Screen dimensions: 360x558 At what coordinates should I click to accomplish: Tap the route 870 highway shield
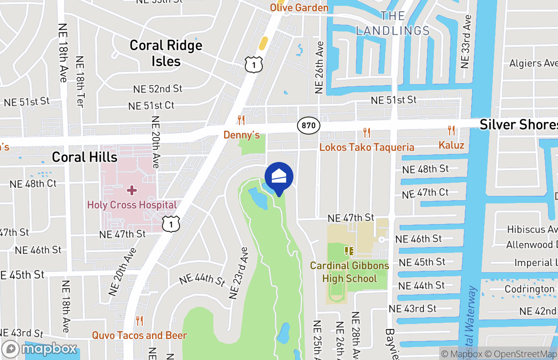coord(309,126)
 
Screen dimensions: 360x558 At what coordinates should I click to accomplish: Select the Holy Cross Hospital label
coord(132,205)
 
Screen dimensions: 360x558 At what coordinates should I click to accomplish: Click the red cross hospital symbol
coord(132,190)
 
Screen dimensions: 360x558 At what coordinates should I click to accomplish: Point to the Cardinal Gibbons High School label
coord(349,272)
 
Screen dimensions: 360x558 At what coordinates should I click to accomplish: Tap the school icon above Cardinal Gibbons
coord(349,251)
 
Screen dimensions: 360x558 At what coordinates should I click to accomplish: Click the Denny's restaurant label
coord(242,135)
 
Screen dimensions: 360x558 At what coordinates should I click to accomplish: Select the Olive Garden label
coord(299,8)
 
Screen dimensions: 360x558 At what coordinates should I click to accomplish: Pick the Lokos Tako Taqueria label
coord(367,148)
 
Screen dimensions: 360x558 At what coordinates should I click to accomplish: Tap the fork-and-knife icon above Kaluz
coord(451,131)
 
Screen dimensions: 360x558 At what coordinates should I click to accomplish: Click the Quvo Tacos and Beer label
coord(139,335)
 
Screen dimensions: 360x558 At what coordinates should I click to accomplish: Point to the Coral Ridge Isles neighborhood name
coord(166,53)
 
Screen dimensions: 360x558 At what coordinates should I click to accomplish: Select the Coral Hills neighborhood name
coord(85,157)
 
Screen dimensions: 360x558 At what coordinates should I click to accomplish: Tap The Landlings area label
coord(393,23)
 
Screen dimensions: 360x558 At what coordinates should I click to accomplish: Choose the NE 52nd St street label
coord(157,89)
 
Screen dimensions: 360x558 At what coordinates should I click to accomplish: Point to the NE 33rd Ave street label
coord(466,42)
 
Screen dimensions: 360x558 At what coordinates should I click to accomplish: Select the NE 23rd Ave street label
coord(239,273)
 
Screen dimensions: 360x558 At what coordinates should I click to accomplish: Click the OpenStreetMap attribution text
coord(520,354)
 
